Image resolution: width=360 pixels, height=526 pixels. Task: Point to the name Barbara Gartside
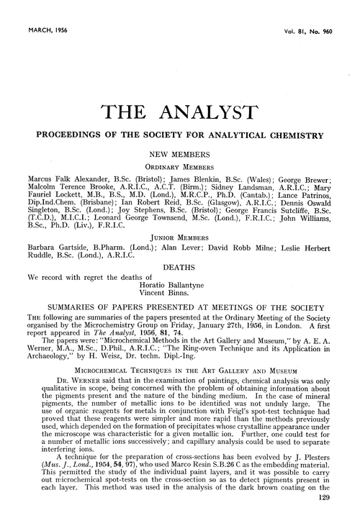point(53,245)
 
